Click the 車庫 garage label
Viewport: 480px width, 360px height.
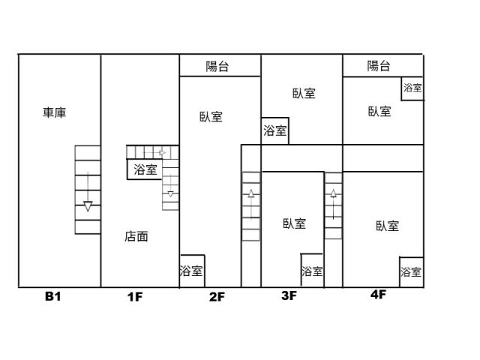click(x=55, y=112)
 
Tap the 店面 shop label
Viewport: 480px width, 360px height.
click(x=136, y=236)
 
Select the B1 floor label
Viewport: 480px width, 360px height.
click(x=52, y=296)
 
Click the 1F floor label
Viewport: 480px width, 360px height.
click(x=135, y=296)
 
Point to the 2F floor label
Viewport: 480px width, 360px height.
click(x=217, y=296)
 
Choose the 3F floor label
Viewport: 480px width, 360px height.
click(x=289, y=295)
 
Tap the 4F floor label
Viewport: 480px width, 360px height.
click(x=378, y=295)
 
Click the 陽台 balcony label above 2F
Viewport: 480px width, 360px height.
click(x=217, y=66)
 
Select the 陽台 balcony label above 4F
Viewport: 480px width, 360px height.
click(x=379, y=66)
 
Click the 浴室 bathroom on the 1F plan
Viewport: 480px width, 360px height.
click(x=145, y=169)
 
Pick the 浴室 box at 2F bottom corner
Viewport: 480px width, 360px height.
click(x=191, y=271)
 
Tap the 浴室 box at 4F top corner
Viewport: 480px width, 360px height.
click(x=412, y=88)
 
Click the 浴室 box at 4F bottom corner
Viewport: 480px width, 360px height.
click(x=410, y=271)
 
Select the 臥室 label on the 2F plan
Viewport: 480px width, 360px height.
click(x=211, y=117)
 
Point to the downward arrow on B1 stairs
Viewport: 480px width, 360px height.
click(x=88, y=205)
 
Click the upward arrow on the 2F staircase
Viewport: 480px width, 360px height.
click(x=250, y=193)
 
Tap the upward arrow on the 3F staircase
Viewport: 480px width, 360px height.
click(x=333, y=193)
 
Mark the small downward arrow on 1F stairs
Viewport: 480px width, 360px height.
click(x=170, y=195)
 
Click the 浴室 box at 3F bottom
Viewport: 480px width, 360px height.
click(x=312, y=271)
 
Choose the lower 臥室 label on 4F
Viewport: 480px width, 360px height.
click(x=387, y=225)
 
